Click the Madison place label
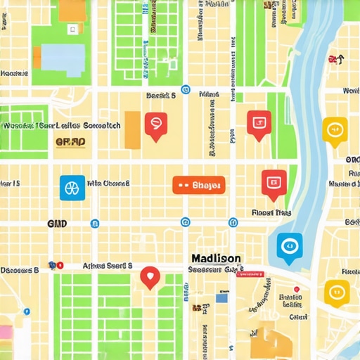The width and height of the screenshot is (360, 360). click(215, 259)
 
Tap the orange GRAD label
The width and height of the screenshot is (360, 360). click(70, 142)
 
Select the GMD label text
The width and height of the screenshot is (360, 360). click(56, 223)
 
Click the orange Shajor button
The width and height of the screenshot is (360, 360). click(198, 185)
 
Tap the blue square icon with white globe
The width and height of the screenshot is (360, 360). click(72, 188)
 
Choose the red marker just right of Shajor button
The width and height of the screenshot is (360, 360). click(274, 182)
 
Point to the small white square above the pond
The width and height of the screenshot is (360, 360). click(72, 30)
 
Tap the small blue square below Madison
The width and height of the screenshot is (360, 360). click(221, 298)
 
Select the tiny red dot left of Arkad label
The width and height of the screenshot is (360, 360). click(60, 266)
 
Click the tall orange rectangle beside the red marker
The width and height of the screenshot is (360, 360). click(132, 130)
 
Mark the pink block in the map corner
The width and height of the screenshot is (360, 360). click(6, 331)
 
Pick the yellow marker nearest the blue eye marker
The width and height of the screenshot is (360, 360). click(336, 292)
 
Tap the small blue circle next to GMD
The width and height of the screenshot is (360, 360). click(95, 224)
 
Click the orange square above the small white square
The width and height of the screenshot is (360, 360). click(72, 10)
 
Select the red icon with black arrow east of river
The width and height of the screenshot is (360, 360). click(335, 60)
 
